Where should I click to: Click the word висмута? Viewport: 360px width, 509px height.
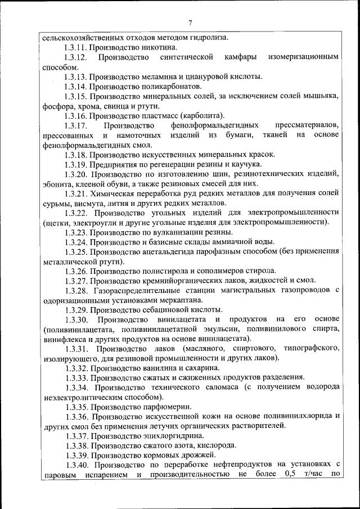coord(88,202)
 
